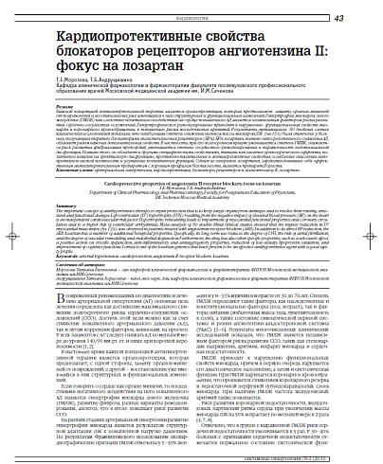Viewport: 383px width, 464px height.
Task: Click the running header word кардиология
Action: coord(191,17)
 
